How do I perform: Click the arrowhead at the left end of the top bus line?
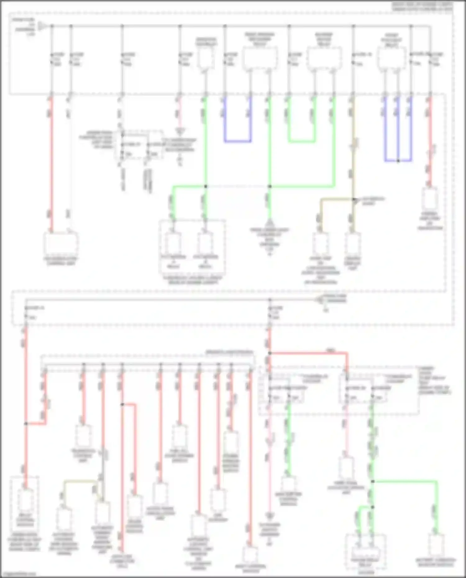click(43, 26)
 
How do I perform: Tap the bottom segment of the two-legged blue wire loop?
click(238, 141)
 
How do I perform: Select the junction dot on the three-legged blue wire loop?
click(398, 161)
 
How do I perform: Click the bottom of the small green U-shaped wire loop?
click(302, 142)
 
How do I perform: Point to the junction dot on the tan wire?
click(354, 199)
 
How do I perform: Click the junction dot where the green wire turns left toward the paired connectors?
click(205, 186)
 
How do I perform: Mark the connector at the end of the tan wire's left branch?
click(320, 243)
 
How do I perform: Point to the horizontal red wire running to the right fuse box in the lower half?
click(308, 353)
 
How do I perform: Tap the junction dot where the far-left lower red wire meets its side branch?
click(26, 423)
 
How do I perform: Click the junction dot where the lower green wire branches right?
click(372, 481)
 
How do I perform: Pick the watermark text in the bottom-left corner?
click(19, 574)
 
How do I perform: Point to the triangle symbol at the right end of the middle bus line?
click(318, 300)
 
